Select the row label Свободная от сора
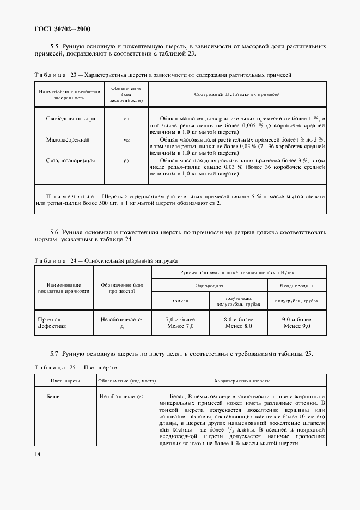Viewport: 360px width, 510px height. (x=70, y=118)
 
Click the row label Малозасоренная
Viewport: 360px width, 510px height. (x=68, y=139)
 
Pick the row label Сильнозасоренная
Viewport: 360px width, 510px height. (x=70, y=161)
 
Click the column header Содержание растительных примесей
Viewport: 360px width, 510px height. (x=237, y=94)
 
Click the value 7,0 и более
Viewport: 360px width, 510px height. (x=180, y=319)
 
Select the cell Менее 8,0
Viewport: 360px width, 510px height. (x=238, y=326)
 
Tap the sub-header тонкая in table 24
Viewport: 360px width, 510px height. (x=180, y=301)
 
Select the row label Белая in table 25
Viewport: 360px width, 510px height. (x=53, y=396)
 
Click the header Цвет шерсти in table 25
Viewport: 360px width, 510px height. (x=65, y=381)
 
